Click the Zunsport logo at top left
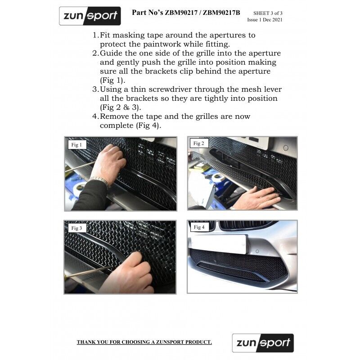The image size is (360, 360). click(x=90, y=16)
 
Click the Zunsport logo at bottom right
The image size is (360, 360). click(x=263, y=343)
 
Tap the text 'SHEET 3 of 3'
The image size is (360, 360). click(x=268, y=13)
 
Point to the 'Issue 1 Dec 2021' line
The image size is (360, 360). click(x=265, y=20)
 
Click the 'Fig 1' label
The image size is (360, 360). click(x=76, y=145)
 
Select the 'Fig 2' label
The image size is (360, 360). click(x=199, y=144)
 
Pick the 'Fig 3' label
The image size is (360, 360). click(x=76, y=228)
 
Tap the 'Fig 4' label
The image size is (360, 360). click(x=199, y=227)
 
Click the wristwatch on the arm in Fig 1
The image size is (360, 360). click(x=100, y=181)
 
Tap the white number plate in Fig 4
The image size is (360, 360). click(x=218, y=243)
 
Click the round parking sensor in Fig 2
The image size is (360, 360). click(x=285, y=148)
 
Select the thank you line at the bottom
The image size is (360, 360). click(x=144, y=342)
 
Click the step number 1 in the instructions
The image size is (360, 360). click(x=95, y=35)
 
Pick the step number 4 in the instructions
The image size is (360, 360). click(x=95, y=117)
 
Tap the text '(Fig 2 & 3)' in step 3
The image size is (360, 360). click(x=120, y=108)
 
